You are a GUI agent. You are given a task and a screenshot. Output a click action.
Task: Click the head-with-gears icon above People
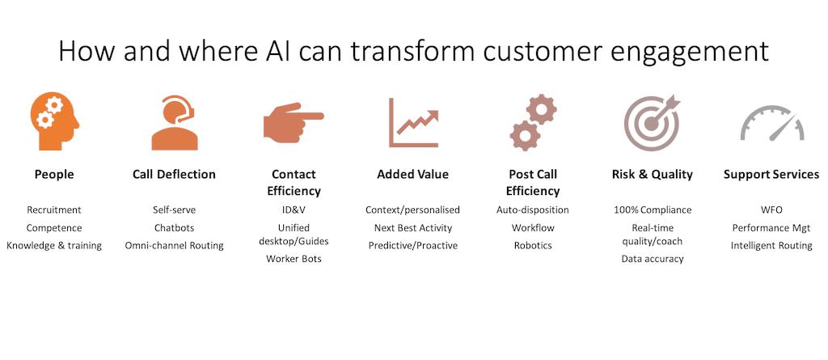pyautogui.click(x=54, y=122)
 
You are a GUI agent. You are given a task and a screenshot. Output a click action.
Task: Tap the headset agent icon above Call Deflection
pyautogui.click(x=174, y=123)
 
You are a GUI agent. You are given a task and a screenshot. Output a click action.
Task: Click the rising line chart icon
pyautogui.click(x=412, y=123)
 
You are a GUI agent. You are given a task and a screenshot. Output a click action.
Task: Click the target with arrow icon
pyautogui.click(x=652, y=123)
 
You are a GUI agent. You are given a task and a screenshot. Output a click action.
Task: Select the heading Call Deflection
pyautogui.click(x=174, y=174)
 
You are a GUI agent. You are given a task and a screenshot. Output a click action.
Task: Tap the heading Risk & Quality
pyautogui.click(x=652, y=174)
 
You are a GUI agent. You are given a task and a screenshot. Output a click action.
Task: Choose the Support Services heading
pyautogui.click(x=771, y=174)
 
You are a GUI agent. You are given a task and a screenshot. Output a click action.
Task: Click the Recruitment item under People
pyautogui.click(x=54, y=210)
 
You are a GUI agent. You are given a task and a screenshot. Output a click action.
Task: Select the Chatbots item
pyautogui.click(x=174, y=227)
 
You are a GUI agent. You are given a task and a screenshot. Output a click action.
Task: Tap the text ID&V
pyautogui.click(x=294, y=210)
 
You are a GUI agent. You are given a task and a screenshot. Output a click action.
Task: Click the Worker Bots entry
pyautogui.click(x=294, y=259)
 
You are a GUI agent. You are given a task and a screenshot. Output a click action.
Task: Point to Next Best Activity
pyautogui.click(x=412, y=227)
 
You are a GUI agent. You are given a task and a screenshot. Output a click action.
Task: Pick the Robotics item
pyautogui.click(x=532, y=245)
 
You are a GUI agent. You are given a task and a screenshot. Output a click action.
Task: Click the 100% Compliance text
pyautogui.click(x=652, y=210)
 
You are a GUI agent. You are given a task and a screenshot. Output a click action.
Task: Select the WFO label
pyautogui.click(x=771, y=210)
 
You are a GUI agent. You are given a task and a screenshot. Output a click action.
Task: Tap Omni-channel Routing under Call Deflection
pyautogui.click(x=174, y=245)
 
